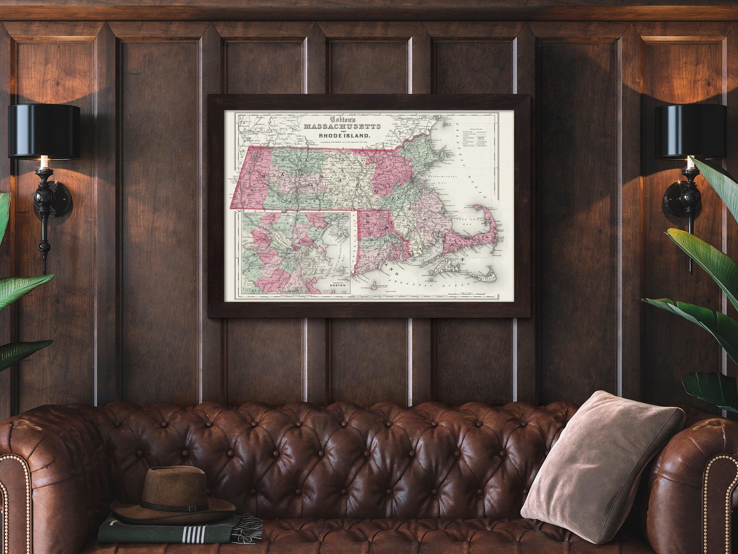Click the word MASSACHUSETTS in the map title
[342, 127]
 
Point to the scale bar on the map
[480, 293]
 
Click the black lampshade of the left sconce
[44, 131]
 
